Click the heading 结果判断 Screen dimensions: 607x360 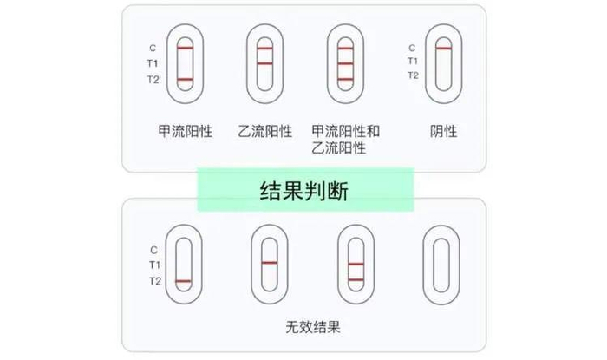coord(303,190)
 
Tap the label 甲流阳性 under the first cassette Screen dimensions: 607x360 coord(185,132)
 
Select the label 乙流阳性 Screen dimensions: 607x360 coord(264,132)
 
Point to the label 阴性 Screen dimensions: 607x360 coord(443,132)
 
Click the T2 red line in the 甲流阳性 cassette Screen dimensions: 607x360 coord(185,80)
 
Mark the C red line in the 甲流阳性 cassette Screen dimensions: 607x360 coord(185,49)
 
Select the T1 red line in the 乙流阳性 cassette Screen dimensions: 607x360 coord(264,63)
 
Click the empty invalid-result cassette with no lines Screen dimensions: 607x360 coord(439,264)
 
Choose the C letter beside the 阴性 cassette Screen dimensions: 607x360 coord(412,49)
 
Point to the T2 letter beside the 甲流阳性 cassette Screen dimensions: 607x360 coord(153,80)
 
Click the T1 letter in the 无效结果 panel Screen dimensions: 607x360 coord(153,264)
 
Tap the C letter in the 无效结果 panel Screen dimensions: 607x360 coord(153,249)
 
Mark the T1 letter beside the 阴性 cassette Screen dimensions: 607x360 coord(413,62)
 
